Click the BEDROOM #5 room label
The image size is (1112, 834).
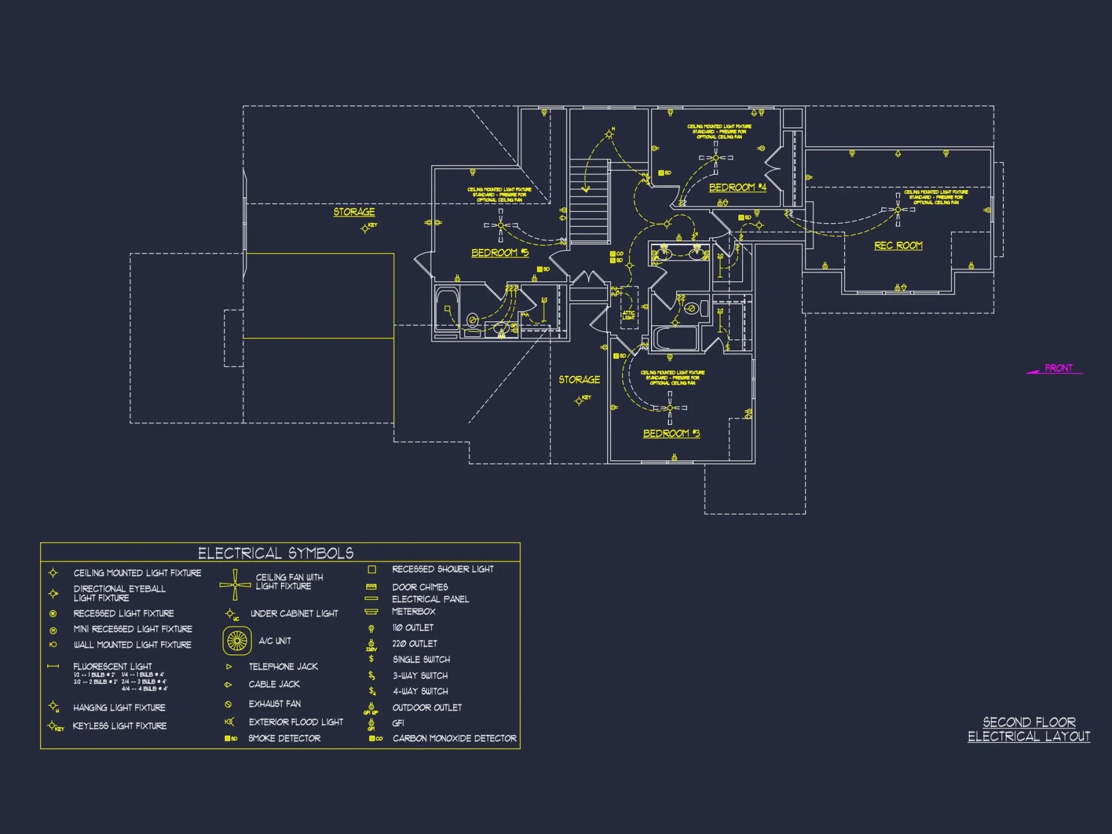pyautogui.click(x=499, y=253)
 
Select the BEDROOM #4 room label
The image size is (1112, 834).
pyautogui.click(x=737, y=187)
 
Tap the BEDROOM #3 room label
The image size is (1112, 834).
pyautogui.click(x=671, y=433)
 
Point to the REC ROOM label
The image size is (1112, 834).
pyautogui.click(x=898, y=245)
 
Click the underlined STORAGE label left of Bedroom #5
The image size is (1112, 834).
pyautogui.click(x=354, y=212)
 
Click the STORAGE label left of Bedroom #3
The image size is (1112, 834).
pyautogui.click(x=579, y=380)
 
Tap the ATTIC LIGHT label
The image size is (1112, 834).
pyautogui.click(x=628, y=315)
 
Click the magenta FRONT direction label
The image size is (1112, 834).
pyautogui.click(x=1058, y=368)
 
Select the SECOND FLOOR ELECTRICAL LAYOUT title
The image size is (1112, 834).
pyautogui.click(x=1029, y=729)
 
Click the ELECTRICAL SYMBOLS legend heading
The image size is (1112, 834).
pyautogui.click(x=276, y=553)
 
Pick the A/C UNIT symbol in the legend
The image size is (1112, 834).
pyautogui.click(x=237, y=641)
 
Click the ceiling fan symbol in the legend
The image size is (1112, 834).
pyautogui.click(x=235, y=585)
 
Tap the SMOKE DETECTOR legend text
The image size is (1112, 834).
pyautogui.click(x=284, y=738)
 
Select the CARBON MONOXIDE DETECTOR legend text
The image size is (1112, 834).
pyautogui.click(x=454, y=738)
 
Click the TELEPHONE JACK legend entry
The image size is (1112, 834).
pyautogui.click(x=283, y=667)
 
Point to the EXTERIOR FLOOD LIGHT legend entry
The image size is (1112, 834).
pyautogui.click(x=296, y=722)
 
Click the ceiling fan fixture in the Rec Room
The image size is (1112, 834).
pyautogui.click(x=897, y=210)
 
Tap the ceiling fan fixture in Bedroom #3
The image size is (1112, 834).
pyautogui.click(x=669, y=408)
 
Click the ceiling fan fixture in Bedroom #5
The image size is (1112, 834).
pyautogui.click(x=500, y=225)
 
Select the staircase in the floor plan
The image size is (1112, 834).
pyautogui.click(x=589, y=200)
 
